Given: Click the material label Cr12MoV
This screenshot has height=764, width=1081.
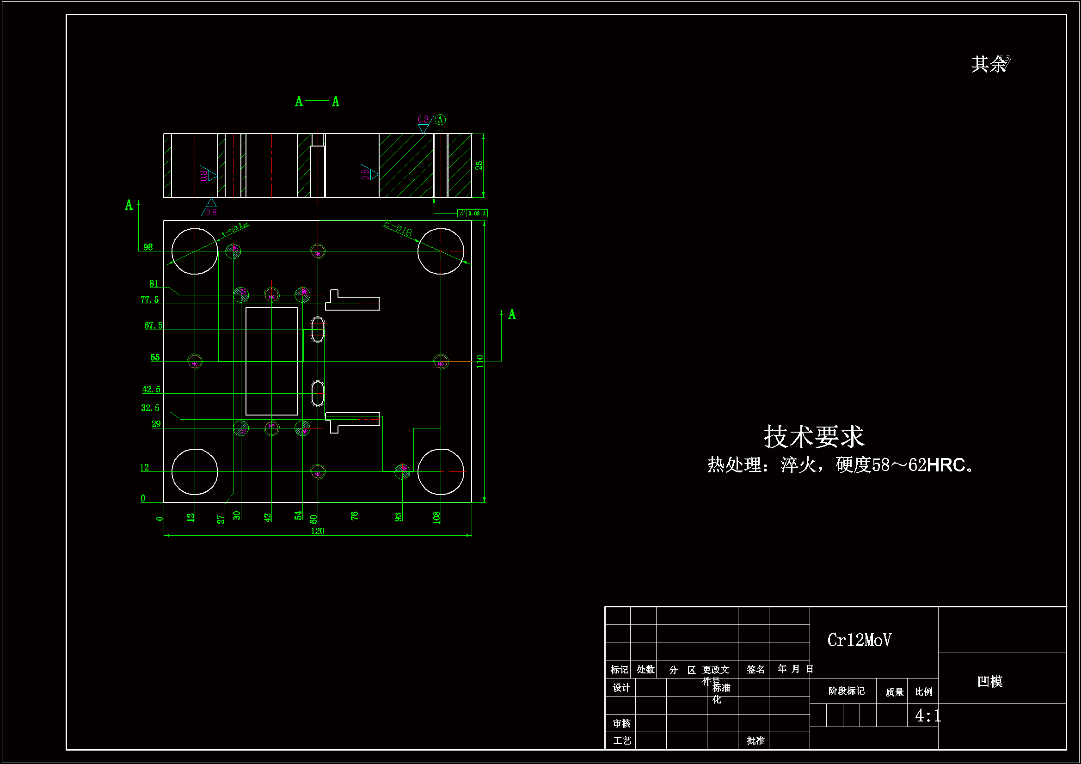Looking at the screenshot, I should click(859, 640).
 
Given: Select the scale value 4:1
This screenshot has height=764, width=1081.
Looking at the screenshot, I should click(927, 715).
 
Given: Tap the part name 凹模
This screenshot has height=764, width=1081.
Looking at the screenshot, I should click(989, 681).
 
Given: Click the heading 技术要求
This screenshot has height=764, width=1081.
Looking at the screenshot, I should click(814, 436).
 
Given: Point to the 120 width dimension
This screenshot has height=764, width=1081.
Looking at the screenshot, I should click(317, 531).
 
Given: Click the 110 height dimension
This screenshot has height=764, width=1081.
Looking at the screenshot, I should click(480, 361).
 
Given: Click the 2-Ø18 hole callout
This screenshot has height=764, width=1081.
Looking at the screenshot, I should click(398, 229).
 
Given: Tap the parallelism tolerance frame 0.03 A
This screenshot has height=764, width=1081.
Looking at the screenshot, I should click(472, 214).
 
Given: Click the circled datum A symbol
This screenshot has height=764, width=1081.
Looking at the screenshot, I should click(440, 120).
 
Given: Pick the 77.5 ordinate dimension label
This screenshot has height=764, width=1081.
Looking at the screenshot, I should click(150, 300).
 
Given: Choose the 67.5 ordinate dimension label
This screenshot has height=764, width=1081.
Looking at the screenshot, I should click(154, 325).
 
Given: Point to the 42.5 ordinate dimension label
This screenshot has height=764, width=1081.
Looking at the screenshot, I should click(152, 389).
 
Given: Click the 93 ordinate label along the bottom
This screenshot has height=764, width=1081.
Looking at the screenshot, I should click(398, 517).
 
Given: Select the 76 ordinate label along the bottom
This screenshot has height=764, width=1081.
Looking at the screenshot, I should click(355, 516).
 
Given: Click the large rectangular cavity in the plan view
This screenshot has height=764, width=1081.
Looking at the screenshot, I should click(272, 361).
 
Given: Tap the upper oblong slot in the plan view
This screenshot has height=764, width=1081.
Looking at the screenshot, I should click(318, 329).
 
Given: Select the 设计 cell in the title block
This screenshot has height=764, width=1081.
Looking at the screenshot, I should click(621, 688).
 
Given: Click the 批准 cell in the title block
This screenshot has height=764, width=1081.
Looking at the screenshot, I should click(755, 741).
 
